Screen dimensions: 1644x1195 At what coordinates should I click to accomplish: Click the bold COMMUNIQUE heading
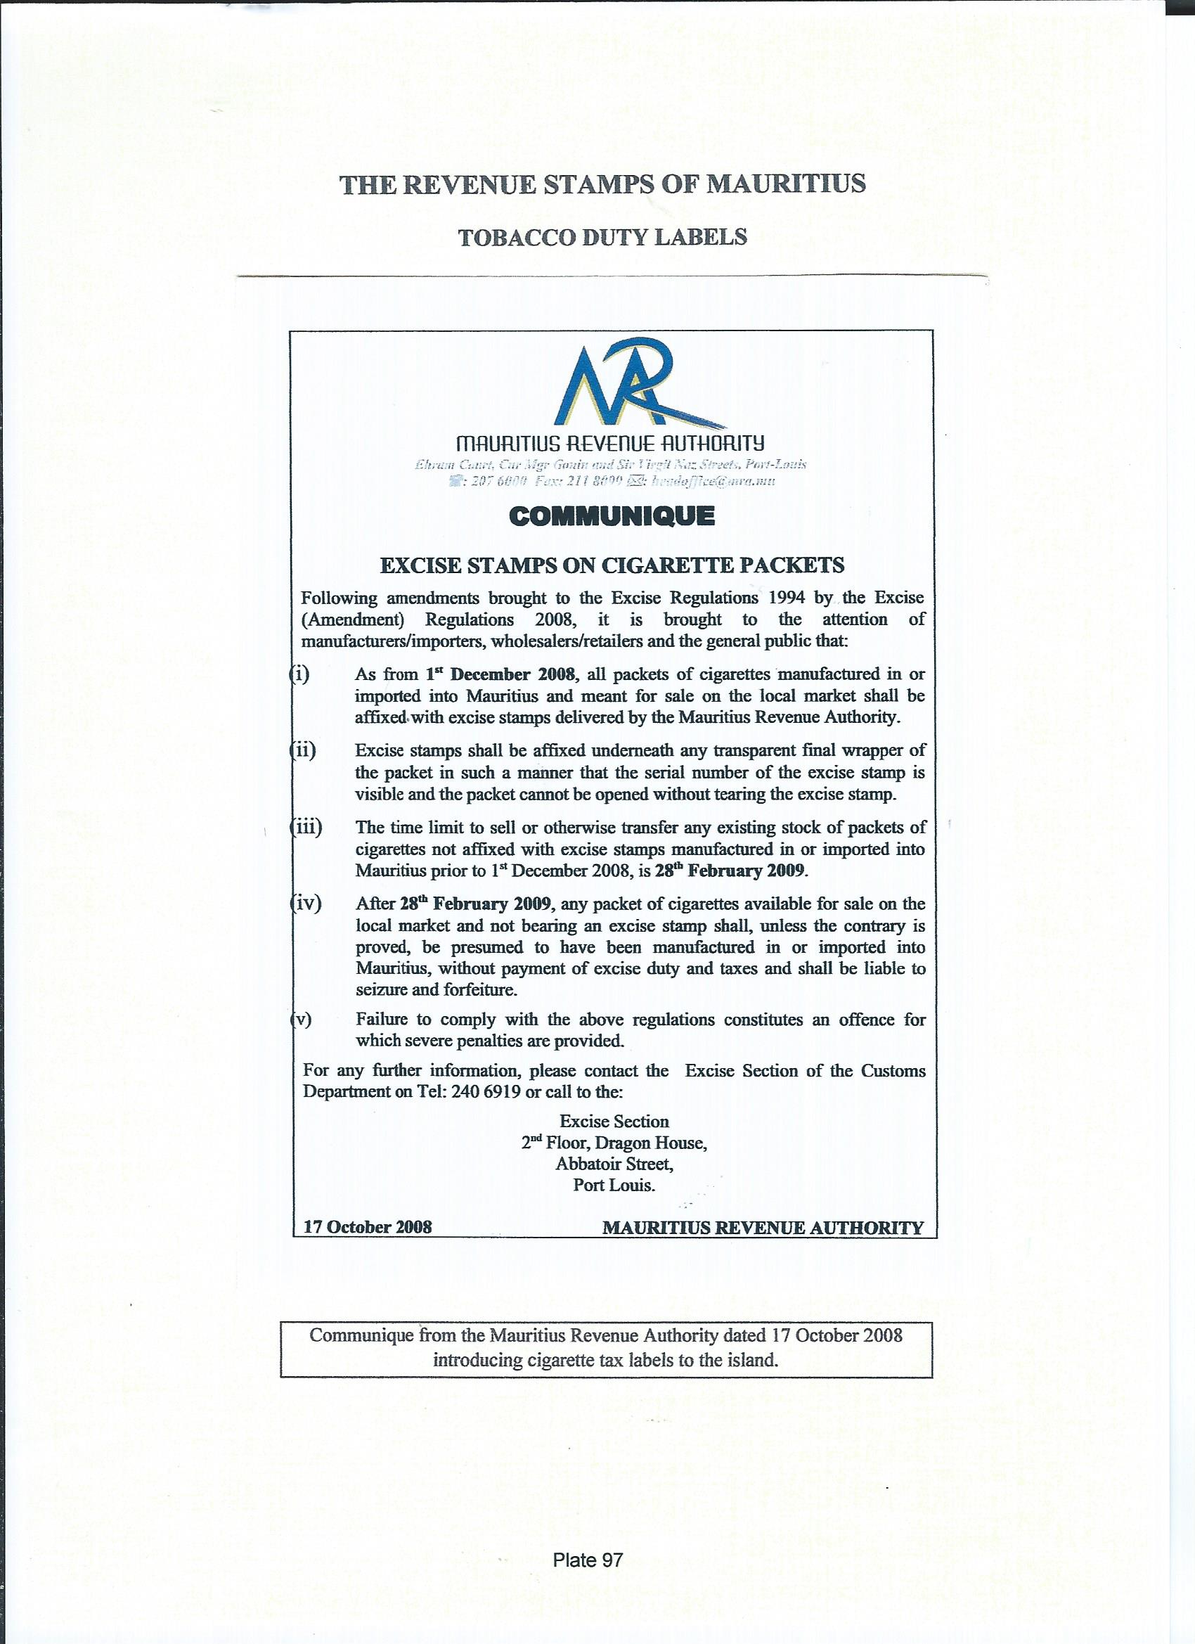(612, 516)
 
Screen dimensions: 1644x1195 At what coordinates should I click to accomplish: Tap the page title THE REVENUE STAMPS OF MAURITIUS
(602, 184)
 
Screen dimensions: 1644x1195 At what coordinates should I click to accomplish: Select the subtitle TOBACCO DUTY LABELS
(602, 238)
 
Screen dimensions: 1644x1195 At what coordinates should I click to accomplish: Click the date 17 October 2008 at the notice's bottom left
(368, 1226)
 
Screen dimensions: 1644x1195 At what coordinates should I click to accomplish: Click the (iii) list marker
(306, 827)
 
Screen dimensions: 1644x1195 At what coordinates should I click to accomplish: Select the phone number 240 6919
(486, 1091)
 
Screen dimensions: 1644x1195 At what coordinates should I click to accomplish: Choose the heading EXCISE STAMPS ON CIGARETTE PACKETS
(612, 565)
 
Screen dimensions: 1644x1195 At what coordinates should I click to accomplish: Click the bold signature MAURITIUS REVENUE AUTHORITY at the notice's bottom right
(763, 1227)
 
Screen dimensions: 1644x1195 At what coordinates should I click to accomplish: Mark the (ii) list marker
(303, 751)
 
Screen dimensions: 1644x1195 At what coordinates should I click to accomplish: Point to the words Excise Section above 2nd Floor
(614, 1122)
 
